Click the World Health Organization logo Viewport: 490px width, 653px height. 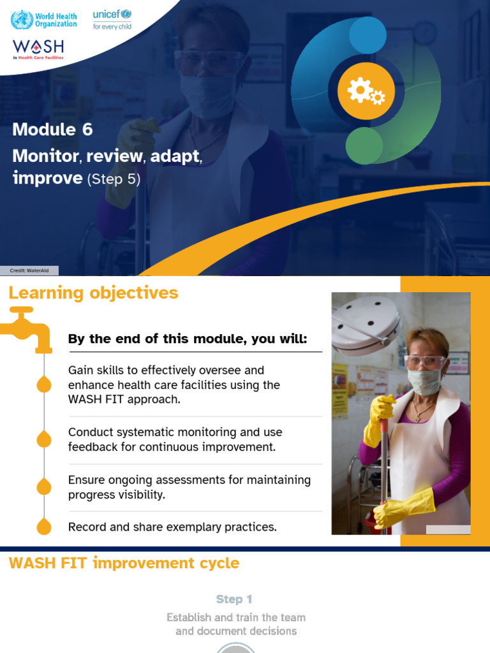click(43, 19)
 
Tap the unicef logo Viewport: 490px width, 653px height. click(112, 18)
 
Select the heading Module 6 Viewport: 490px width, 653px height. click(52, 129)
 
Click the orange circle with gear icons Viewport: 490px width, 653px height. click(366, 91)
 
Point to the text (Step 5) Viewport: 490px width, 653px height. click(114, 179)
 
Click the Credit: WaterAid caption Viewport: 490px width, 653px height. click(29, 270)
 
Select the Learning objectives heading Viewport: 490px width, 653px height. click(93, 293)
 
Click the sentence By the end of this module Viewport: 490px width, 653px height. click(188, 339)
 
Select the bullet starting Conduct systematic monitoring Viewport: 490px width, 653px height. click(175, 439)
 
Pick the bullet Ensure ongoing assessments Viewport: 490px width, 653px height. click(189, 487)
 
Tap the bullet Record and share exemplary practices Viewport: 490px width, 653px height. click(172, 527)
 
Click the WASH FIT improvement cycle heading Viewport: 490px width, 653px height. click(124, 563)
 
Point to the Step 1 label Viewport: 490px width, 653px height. click(234, 599)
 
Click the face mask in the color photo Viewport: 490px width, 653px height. click(424, 381)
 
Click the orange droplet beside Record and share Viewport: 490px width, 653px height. click(44, 526)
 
